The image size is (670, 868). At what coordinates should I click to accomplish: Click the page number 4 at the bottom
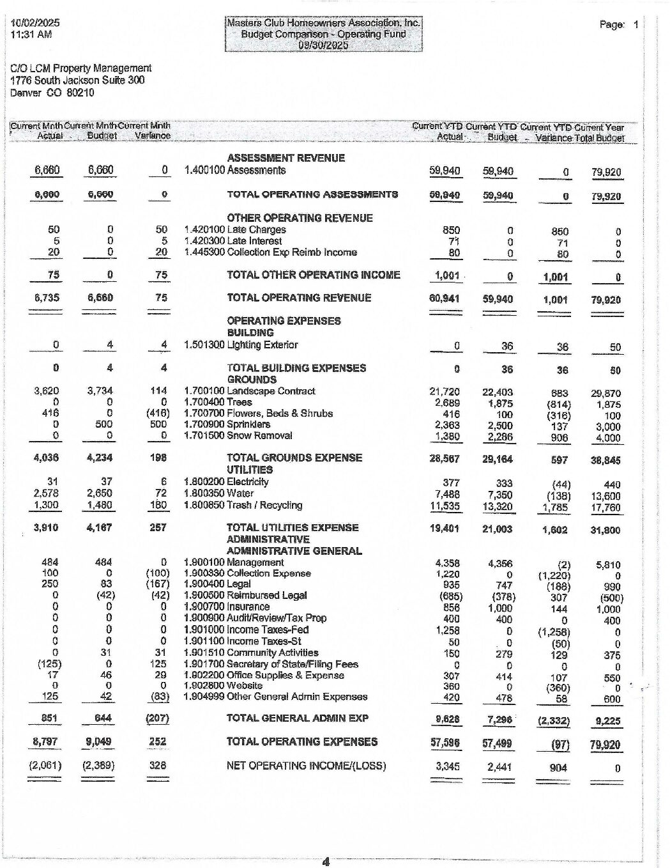tap(326, 862)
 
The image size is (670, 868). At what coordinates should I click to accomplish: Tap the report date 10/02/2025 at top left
tap(35, 23)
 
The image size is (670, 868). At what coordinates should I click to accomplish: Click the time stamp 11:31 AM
tap(31, 35)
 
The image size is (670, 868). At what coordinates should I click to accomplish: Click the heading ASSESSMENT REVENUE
tap(286, 158)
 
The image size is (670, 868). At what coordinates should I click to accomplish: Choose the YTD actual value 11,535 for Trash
tap(446, 506)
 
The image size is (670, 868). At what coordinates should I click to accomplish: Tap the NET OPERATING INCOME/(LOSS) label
tap(306, 766)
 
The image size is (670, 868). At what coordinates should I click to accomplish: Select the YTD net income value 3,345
tap(446, 766)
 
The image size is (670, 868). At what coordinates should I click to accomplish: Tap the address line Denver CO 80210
tap(52, 93)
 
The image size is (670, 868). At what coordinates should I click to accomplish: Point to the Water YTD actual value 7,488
tap(447, 495)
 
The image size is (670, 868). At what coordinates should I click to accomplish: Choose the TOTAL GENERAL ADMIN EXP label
tap(298, 718)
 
